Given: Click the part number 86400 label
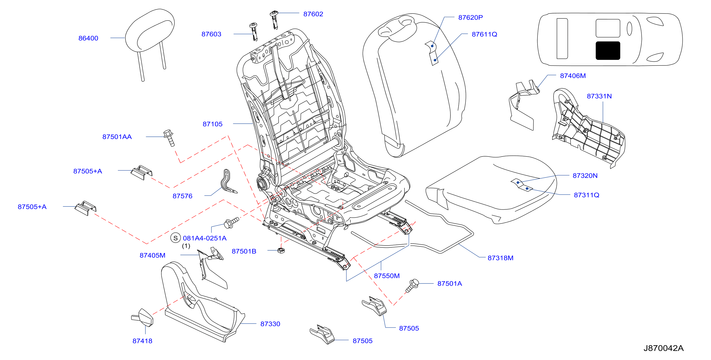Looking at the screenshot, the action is coord(88,38).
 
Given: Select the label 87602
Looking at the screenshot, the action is coord(313,14).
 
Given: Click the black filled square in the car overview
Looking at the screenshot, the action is coord(608,50).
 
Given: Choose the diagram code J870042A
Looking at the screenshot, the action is coord(663,348).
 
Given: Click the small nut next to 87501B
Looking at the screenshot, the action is coord(281,250).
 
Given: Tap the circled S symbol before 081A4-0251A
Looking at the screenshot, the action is coord(175,237).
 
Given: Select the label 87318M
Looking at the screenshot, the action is coord(500,258).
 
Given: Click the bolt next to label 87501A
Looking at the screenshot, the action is coord(412,286).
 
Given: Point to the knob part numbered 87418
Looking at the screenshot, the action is coord(143,317).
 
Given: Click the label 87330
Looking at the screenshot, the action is coord(270,324).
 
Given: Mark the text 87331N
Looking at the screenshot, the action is coord(599,96).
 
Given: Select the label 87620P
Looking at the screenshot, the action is coord(471,17).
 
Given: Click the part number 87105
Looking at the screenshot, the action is coord(213,124).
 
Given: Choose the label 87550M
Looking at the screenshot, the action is coord(387,276).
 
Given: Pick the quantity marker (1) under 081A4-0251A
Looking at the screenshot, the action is coord(186,245).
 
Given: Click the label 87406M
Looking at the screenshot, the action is coord(573,76).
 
